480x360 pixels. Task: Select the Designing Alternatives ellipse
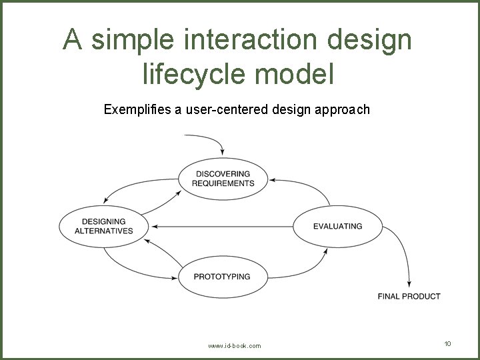click(x=103, y=226)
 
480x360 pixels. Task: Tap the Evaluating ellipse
click(x=337, y=226)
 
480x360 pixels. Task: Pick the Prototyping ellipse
click(x=222, y=276)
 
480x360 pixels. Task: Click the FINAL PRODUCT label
click(x=409, y=296)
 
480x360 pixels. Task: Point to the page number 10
click(x=447, y=343)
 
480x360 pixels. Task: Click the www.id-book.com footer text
click(x=235, y=346)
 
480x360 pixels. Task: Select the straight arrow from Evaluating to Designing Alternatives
click(x=220, y=226)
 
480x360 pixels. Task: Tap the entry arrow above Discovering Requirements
click(x=210, y=141)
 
